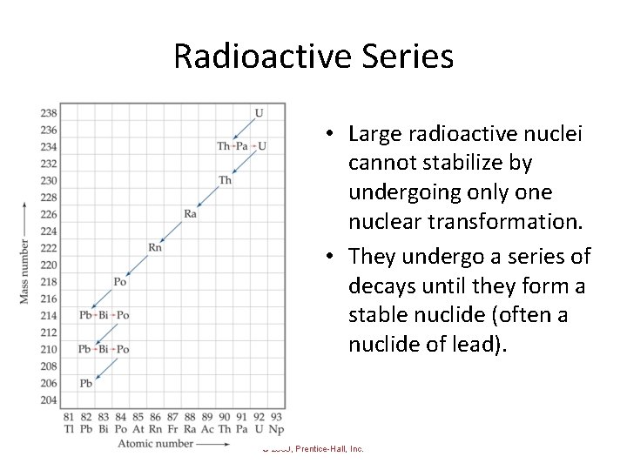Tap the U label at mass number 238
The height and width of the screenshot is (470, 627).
(x=259, y=112)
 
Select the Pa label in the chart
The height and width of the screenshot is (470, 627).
(x=242, y=146)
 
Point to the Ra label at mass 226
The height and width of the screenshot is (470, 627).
(x=190, y=214)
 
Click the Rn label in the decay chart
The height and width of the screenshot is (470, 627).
(x=155, y=248)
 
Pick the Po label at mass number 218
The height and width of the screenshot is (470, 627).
(x=120, y=282)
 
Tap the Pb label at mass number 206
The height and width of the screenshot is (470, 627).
(x=85, y=384)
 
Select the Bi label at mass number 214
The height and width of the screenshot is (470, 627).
(x=104, y=315)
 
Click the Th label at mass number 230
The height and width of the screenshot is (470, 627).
(x=225, y=180)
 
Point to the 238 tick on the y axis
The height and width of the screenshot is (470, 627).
(x=49, y=113)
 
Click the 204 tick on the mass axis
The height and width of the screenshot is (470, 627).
(x=49, y=400)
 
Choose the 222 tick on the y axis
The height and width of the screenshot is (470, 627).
(x=49, y=248)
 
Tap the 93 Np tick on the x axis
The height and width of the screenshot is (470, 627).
(x=276, y=423)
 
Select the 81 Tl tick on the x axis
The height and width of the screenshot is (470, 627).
(x=69, y=423)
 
